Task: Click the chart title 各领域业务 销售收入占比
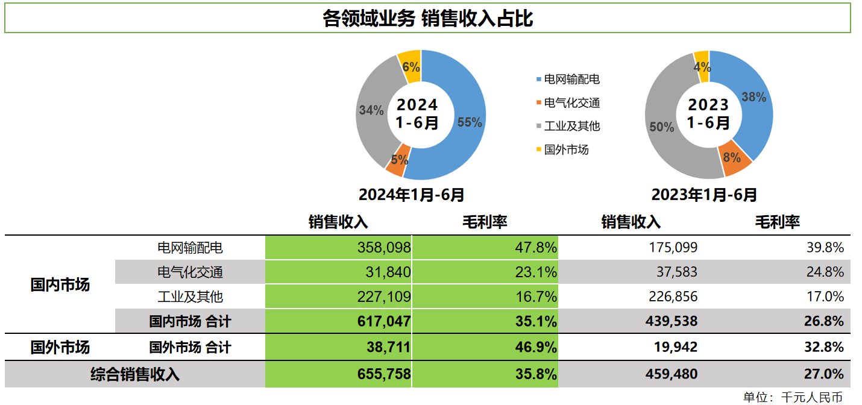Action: pos(427,19)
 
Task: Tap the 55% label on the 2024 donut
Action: pos(470,122)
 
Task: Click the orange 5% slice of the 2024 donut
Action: pos(398,160)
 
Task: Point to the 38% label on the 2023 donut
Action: pos(753,96)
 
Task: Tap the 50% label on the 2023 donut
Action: pos(661,127)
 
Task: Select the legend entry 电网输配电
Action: pos(571,80)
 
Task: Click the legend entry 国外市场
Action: pos(566,149)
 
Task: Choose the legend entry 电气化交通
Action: pos(571,103)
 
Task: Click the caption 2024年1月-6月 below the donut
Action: pos(412,195)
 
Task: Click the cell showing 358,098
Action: pos(383,247)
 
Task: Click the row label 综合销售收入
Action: pos(135,374)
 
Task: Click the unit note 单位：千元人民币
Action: pos(793,397)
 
